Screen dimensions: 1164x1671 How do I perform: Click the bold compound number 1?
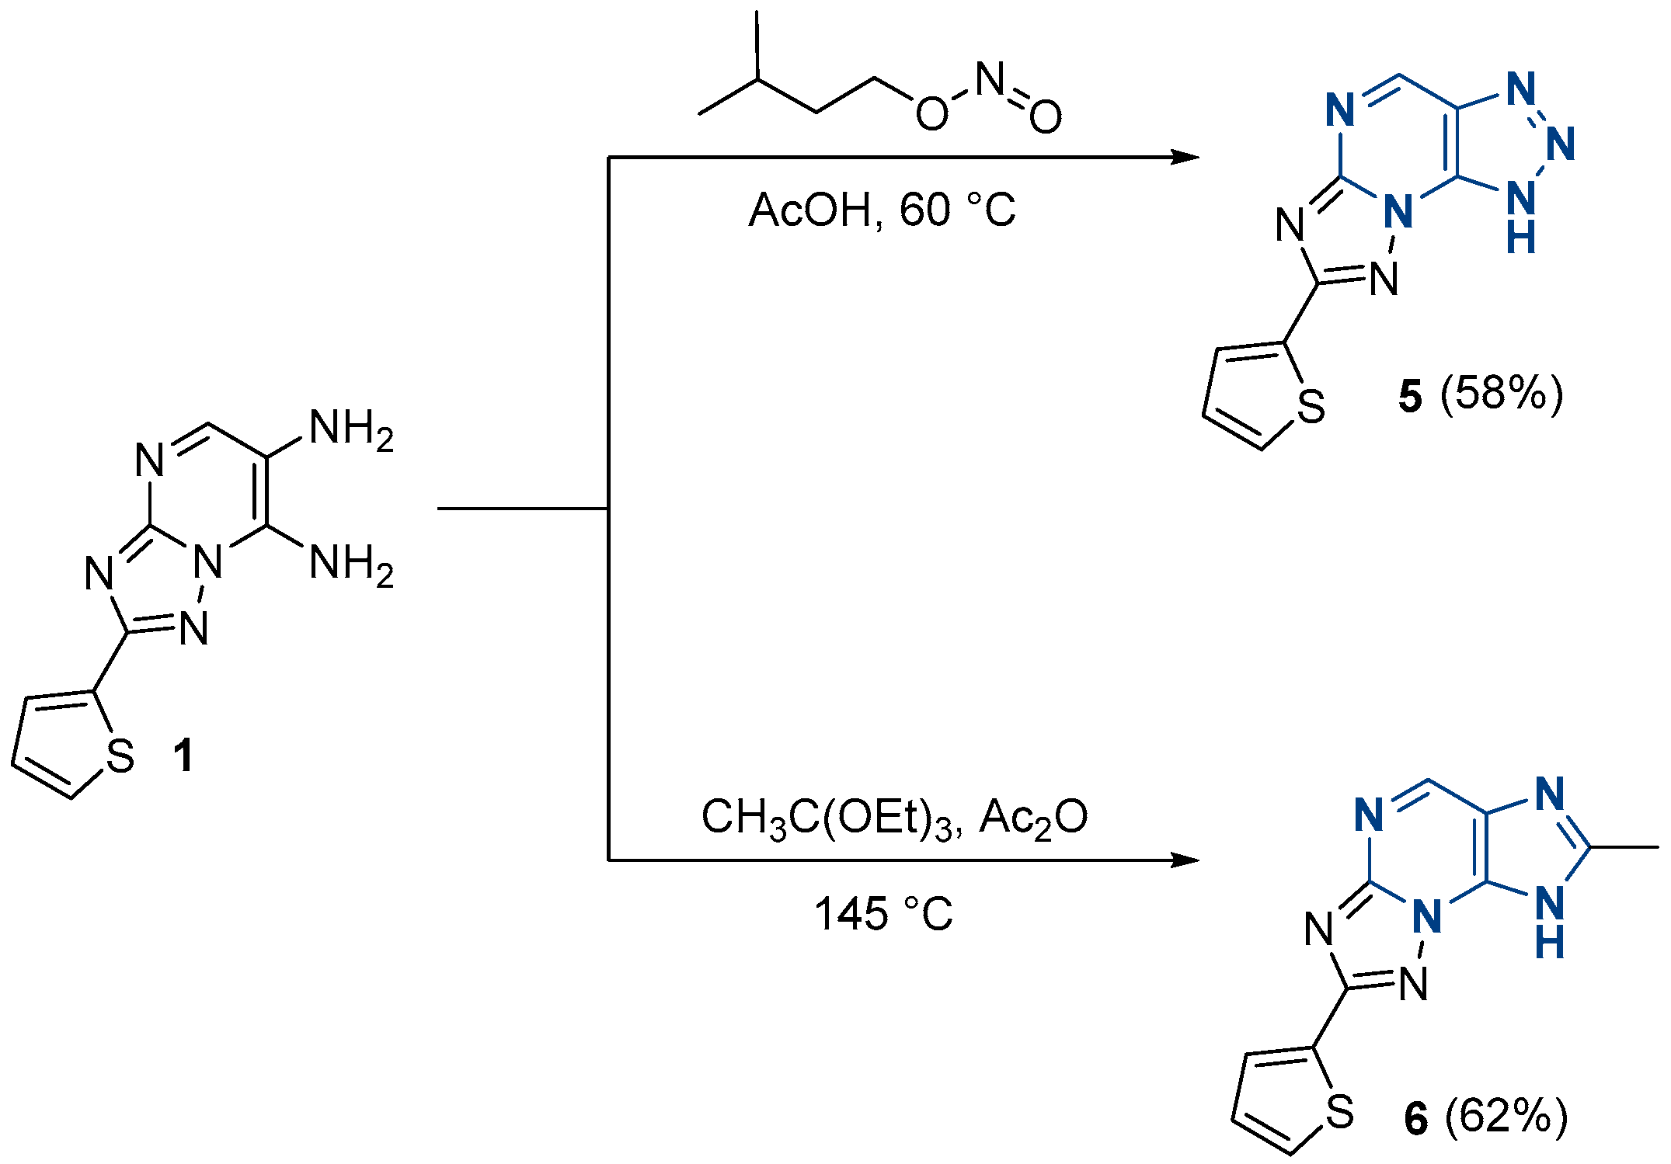point(184,756)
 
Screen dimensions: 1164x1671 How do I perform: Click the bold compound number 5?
point(1410,396)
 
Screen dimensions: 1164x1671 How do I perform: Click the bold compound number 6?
point(1416,1119)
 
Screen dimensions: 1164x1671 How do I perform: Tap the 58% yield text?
point(1501,394)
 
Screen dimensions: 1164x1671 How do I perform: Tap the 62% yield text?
point(1506,1117)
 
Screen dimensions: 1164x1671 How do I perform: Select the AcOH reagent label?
point(810,210)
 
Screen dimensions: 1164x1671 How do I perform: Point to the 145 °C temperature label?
point(883,914)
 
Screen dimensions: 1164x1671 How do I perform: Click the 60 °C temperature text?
point(957,210)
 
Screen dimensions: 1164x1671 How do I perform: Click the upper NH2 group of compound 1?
point(352,429)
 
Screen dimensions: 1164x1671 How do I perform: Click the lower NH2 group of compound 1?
point(352,564)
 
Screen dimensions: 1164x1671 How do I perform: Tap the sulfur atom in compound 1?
point(120,756)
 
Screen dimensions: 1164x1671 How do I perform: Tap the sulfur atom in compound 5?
point(1311,407)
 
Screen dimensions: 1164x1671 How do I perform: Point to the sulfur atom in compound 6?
point(1340,1112)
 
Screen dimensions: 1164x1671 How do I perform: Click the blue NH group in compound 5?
point(1521,215)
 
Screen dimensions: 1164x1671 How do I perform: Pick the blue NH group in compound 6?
point(1550,922)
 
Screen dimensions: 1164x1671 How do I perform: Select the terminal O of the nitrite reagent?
point(1046,116)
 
